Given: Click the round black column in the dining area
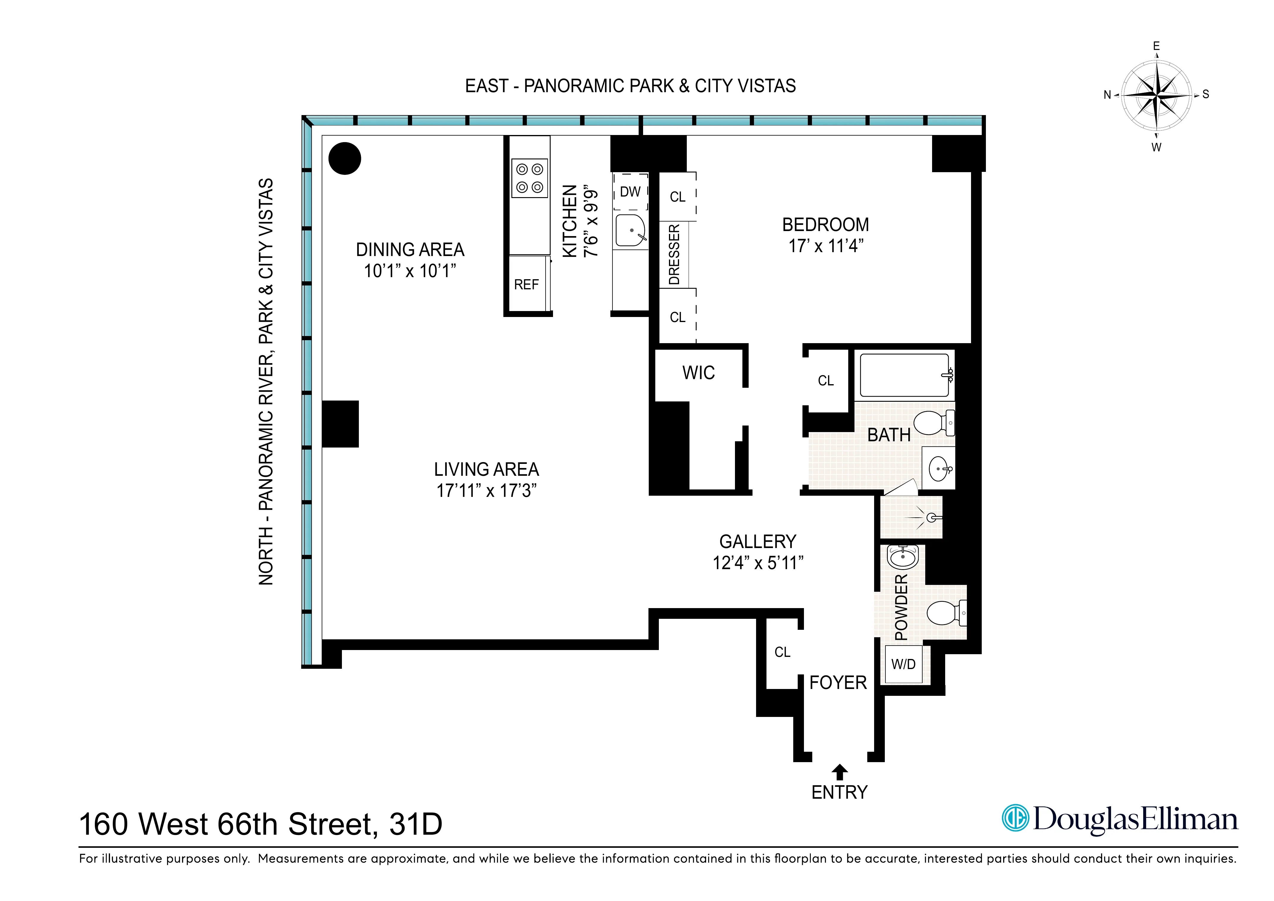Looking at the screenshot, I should tap(345, 159).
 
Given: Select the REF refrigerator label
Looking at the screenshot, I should tap(526, 285).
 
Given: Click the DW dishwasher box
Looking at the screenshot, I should tap(630, 191).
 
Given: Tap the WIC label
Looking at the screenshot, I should tap(699, 373).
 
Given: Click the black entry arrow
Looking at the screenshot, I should tap(840, 772).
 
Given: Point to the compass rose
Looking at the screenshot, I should tap(1156, 95).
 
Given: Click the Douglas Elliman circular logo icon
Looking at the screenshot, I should tap(1015, 818).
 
